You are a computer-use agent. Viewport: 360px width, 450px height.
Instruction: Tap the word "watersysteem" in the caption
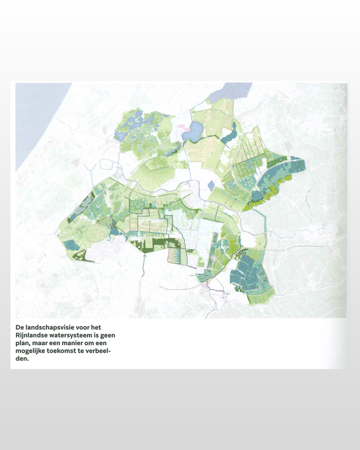click(x=75, y=335)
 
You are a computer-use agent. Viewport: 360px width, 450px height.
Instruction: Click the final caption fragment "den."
click(x=22, y=358)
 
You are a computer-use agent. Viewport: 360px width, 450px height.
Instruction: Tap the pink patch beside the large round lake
click(x=180, y=126)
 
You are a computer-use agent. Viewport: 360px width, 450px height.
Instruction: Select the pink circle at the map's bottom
click(x=223, y=297)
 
